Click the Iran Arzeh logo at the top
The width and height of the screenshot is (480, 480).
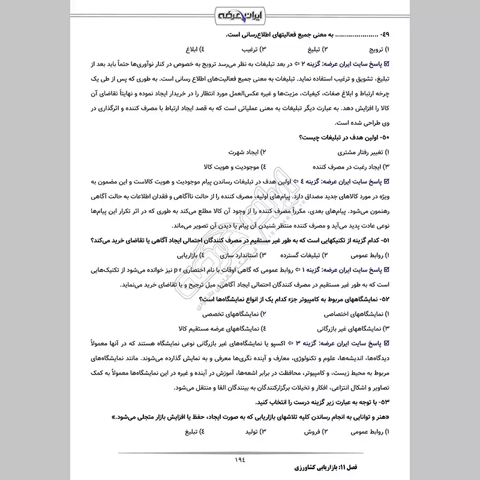239,13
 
